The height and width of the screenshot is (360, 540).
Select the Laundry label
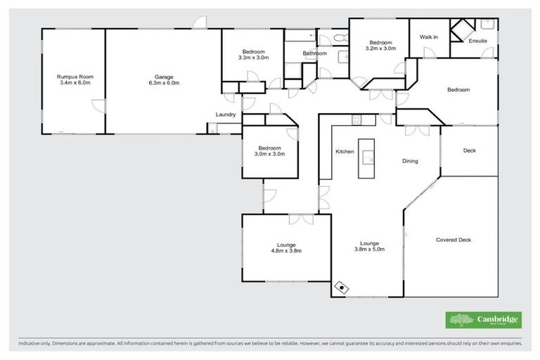click(x=225, y=115)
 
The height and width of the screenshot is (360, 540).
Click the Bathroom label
click(x=314, y=53)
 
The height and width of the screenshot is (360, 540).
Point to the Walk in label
click(x=429, y=37)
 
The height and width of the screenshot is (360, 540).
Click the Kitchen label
click(x=344, y=152)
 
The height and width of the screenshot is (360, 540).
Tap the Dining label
click(x=410, y=161)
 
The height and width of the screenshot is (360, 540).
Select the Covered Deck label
click(x=454, y=240)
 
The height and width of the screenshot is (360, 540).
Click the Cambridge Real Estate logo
click(x=484, y=319)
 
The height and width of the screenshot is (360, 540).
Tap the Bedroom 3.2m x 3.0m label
click(x=380, y=45)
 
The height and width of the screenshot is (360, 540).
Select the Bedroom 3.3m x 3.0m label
click(x=253, y=55)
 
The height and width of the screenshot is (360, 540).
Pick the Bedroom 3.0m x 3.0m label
click(x=269, y=151)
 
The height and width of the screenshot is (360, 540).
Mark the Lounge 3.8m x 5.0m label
click(x=369, y=247)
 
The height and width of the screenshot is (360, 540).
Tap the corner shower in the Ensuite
click(x=461, y=30)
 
